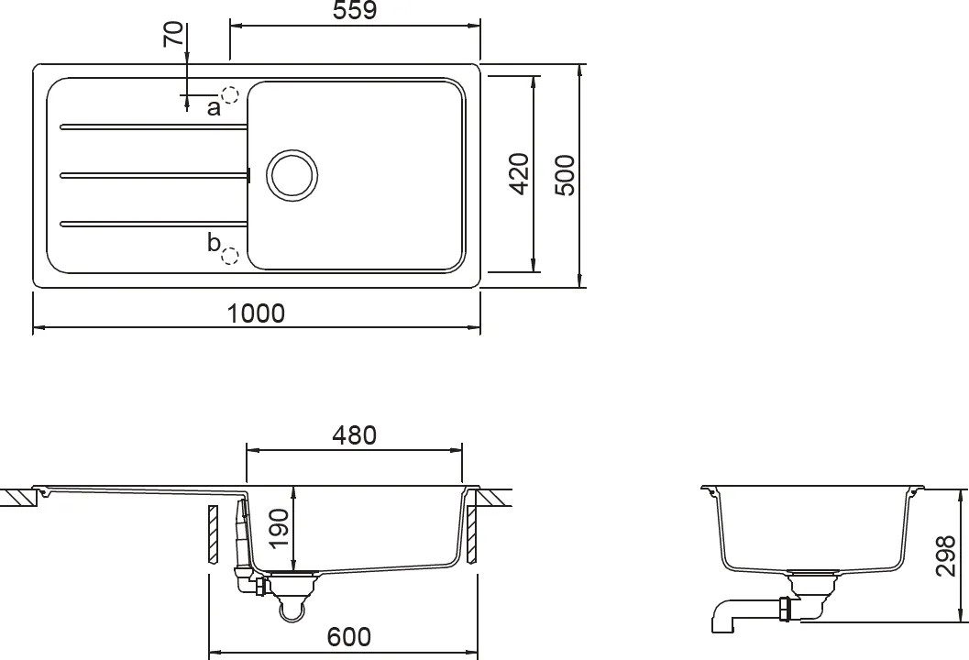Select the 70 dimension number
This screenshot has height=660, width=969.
pyautogui.click(x=172, y=34)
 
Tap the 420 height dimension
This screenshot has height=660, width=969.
pyautogui.click(x=519, y=173)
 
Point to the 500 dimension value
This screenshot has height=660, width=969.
pyautogui.click(x=566, y=174)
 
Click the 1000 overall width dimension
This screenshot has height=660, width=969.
pyautogui.click(x=256, y=313)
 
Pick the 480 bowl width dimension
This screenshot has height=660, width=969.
pyautogui.click(x=354, y=435)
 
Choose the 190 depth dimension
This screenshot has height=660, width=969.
pyautogui.click(x=279, y=528)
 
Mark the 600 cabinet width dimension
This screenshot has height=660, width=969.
pyautogui.click(x=348, y=636)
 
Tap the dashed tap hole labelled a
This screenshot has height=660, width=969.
pyautogui.click(x=229, y=94)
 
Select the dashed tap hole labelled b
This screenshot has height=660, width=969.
pyautogui.click(x=231, y=256)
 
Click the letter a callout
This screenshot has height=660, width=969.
pyautogui.click(x=213, y=108)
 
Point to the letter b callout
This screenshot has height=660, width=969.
pyautogui.click(x=214, y=243)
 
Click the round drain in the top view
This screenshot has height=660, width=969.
pyautogui.click(x=292, y=174)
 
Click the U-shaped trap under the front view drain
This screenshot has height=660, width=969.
pyautogui.click(x=292, y=607)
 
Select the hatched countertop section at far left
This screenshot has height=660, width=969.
pyautogui.click(x=18, y=498)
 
